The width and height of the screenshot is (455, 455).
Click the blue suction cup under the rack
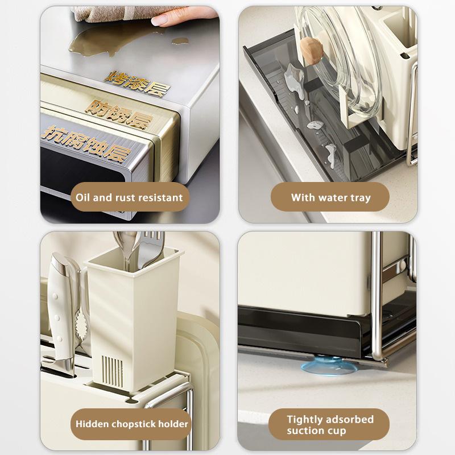pyautogui.click(x=329, y=366)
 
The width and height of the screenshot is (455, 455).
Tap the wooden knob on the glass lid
pyautogui.click(x=311, y=51)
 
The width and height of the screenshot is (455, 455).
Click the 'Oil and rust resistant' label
pyautogui.click(x=130, y=197)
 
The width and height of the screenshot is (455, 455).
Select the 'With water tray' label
pyautogui.click(x=330, y=197)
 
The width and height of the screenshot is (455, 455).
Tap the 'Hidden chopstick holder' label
pyautogui.click(x=131, y=424)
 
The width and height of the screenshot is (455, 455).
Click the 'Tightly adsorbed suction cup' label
pyautogui.click(x=329, y=424)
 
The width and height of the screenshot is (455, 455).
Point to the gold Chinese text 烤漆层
pyautogui.click(x=136, y=83)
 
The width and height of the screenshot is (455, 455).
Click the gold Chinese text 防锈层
pyautogui.click(x=119, y=114)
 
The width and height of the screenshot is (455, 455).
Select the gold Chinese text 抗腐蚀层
pyautogui.click(x=86, y=143)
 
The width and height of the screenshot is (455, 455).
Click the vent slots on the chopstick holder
pyautogui.click(x=112, y=371)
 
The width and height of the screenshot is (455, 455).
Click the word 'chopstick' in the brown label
pyautogui.click(x=134, y=424)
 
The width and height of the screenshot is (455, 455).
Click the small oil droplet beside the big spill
pyautogui.click(x=180, y=41)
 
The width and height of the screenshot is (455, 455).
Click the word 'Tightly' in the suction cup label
pyautogui.click(x=304, y=420)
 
